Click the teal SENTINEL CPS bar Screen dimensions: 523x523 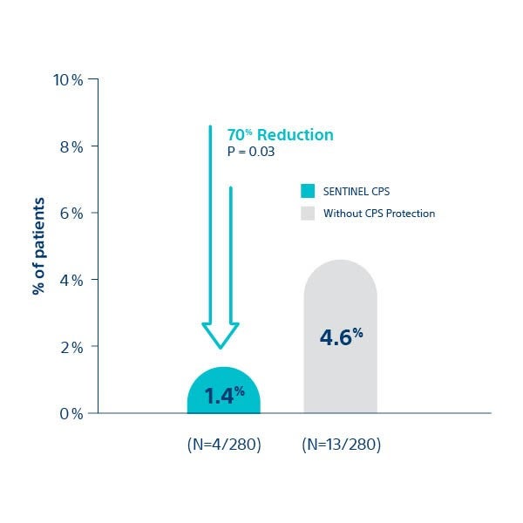coord(224,392)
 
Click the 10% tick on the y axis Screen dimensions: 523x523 coord(68,80)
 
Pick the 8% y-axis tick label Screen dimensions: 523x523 coord(71,146)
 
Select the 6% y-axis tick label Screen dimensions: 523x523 coord(71,214)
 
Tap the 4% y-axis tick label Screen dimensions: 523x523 coord(71,280)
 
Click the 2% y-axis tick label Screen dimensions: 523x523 coord(71,347)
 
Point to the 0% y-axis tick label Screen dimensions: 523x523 coord(71,413)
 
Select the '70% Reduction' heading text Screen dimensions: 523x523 coord(280,135)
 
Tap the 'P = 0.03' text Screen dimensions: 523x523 coord(251,153)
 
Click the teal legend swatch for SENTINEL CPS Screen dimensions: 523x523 coord(307,192)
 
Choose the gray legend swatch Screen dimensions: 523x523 coord(307,213)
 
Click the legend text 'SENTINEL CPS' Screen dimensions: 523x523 coord(352,192)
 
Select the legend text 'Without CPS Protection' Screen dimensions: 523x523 coord(378,213)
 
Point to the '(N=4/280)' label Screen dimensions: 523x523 coord(224,445)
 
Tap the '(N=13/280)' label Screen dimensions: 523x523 coord(341,445)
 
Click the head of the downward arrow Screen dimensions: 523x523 coord(220,336)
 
